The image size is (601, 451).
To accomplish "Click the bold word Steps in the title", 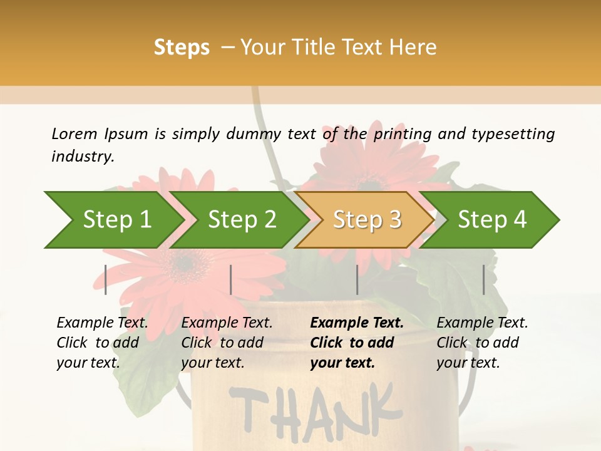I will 182,47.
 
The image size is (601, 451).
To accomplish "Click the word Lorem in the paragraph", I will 74,133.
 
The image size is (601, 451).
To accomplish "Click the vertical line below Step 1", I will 106,279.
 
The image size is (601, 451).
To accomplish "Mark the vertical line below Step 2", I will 231,279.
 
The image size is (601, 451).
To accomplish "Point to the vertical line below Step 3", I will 357,279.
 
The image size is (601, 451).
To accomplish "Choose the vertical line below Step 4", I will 484,279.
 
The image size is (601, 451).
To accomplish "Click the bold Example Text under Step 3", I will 357,323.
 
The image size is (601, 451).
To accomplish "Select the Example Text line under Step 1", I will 102,323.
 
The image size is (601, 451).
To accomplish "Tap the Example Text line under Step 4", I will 482,323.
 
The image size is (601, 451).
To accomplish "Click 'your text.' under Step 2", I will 212,363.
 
